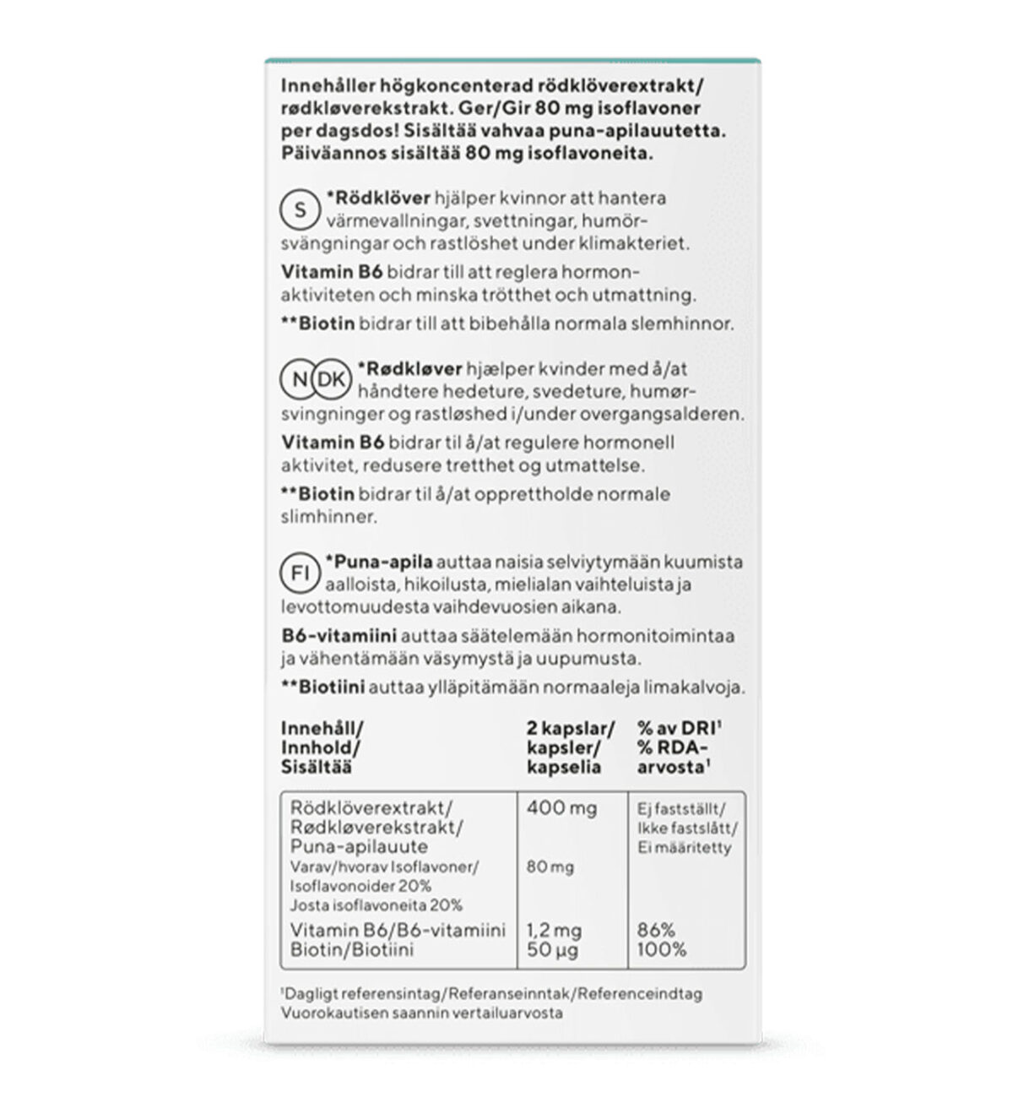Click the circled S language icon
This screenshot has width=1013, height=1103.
pos(300,208)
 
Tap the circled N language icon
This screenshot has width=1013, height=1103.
pos(300,380)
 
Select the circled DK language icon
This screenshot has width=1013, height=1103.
pos(331,380)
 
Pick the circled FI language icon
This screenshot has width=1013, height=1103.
pos(300,573)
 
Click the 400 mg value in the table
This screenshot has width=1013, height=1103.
pos(561,808)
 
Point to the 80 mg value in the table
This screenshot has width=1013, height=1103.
pos(550,867)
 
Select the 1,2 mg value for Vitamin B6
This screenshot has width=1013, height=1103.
pos(554,931)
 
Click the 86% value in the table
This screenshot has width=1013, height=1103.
pos(656,931)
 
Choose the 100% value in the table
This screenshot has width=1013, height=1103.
pos(662,950)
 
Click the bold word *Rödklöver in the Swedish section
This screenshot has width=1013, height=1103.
pos(377,198)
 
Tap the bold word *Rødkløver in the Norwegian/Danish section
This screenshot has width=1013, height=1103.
pos(409,369)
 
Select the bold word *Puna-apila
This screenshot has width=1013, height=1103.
pos(379,562)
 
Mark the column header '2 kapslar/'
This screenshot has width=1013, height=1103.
pos(570,729)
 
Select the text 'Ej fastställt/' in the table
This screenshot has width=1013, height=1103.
pos(680,808)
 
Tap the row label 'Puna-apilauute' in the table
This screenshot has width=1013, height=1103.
pos(359,846)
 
